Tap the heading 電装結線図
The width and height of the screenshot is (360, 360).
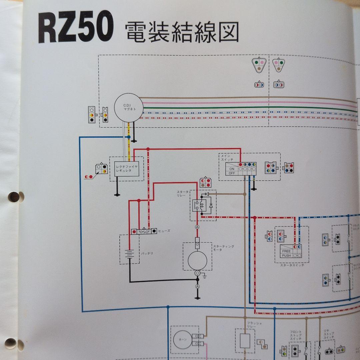(x=182, y=33)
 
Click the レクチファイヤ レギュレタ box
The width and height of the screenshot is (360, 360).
(x=127, y=168)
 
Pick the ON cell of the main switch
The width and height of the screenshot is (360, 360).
(x=231, y=169)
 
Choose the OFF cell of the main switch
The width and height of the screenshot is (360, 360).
(x=231, y=173)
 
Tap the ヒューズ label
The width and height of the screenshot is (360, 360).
(x=164, y=231)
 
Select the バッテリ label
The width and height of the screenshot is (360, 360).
(x=146, y=253)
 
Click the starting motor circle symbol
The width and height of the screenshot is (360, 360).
(x=197, y=260)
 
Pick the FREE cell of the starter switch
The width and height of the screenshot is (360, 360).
(x=286, y=251)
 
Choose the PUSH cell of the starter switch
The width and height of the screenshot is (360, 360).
(x=286, y=256)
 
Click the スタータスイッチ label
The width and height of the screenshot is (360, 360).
(x=292, y=265)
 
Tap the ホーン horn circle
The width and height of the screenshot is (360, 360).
(x=182, y=340)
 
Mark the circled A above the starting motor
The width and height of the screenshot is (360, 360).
(x=197, y=227)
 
